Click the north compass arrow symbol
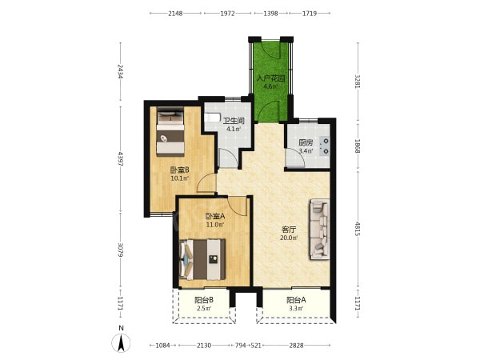click(x=122, y=343)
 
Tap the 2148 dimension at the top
click(x=175, y=13)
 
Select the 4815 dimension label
click(x=358, y=228)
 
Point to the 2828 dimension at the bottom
click(x=296, y=346)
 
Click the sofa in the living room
click(x=320, y=230)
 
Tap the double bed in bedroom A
click(x=202, y=259)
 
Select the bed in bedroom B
click(x=170, y=131)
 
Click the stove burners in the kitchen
click(x=325, y=146)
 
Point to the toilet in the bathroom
click(x=212, y=117)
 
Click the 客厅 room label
click(x=289, y=230)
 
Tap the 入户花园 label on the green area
click(x=270, y=78)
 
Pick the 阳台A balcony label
click(x=296, y=300)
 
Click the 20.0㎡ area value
click(x=289, y=238)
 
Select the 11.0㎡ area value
click(x=215, y=225)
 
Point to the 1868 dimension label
click(x=358, y=146)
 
